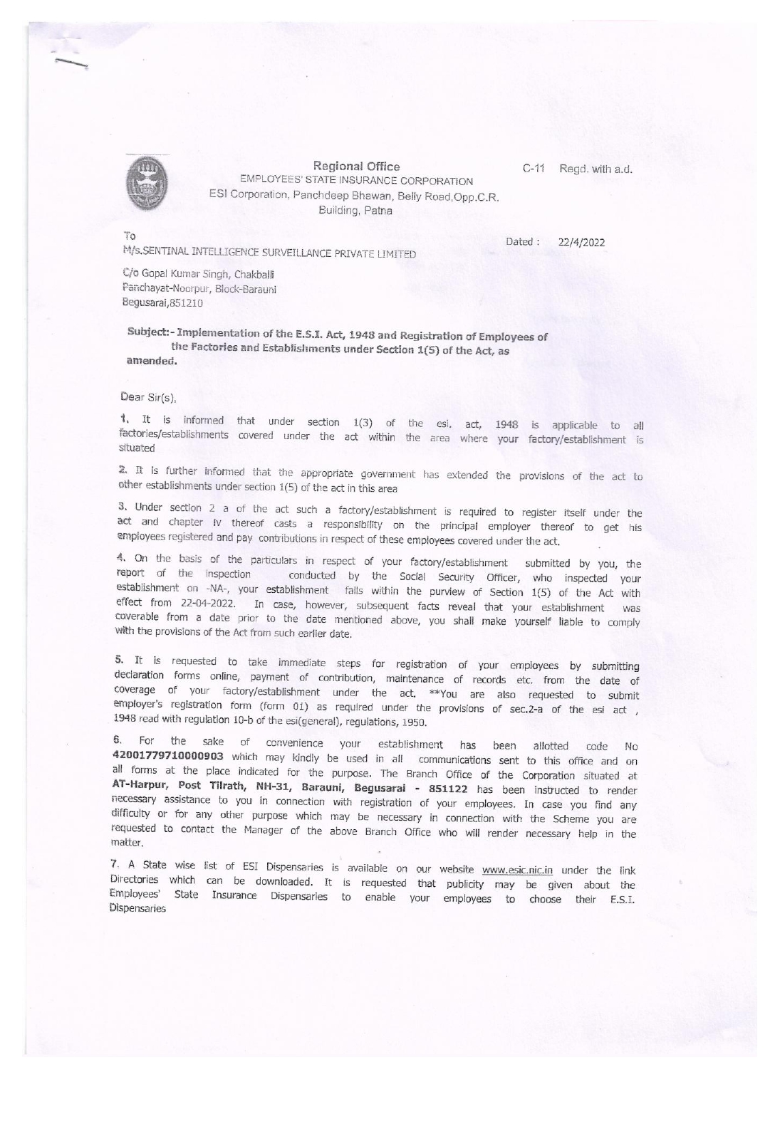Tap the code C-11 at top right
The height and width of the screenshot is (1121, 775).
click(x=533, y=169)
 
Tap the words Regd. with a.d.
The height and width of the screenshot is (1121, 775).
click(x=596, y=169)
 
